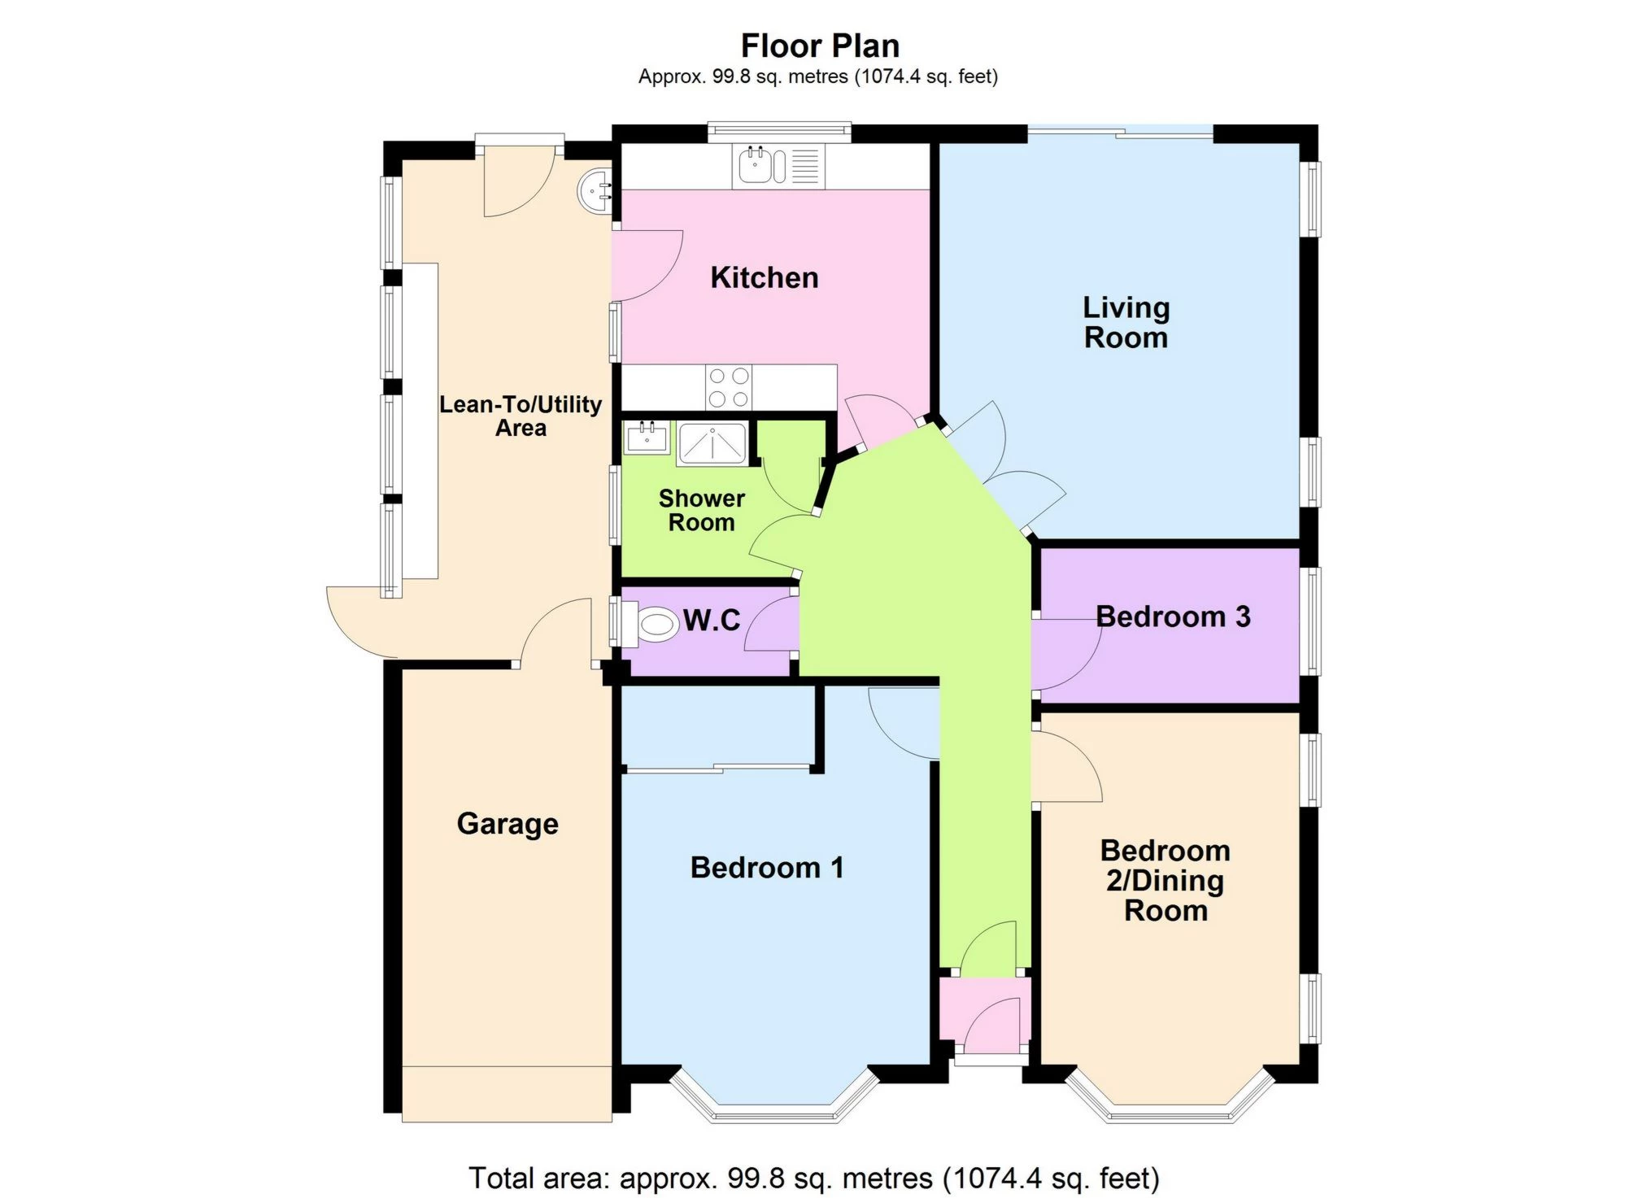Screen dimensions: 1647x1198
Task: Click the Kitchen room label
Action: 764,277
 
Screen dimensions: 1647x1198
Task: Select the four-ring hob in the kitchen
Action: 729,387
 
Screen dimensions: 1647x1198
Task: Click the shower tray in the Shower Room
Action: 712,443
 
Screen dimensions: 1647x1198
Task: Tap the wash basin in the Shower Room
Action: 647,438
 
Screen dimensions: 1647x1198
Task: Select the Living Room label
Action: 1126,322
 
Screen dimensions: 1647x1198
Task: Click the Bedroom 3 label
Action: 1173,616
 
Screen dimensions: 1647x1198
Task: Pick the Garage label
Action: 508,824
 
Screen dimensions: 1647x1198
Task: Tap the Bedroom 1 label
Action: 767,868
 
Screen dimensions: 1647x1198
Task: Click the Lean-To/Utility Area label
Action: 521,416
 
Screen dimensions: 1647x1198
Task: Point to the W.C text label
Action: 712,621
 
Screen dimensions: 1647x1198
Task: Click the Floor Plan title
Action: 820,46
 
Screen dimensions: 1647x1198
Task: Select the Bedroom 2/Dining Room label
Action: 1166,881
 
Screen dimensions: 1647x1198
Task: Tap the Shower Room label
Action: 701,510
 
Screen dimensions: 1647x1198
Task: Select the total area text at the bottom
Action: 814,1178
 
